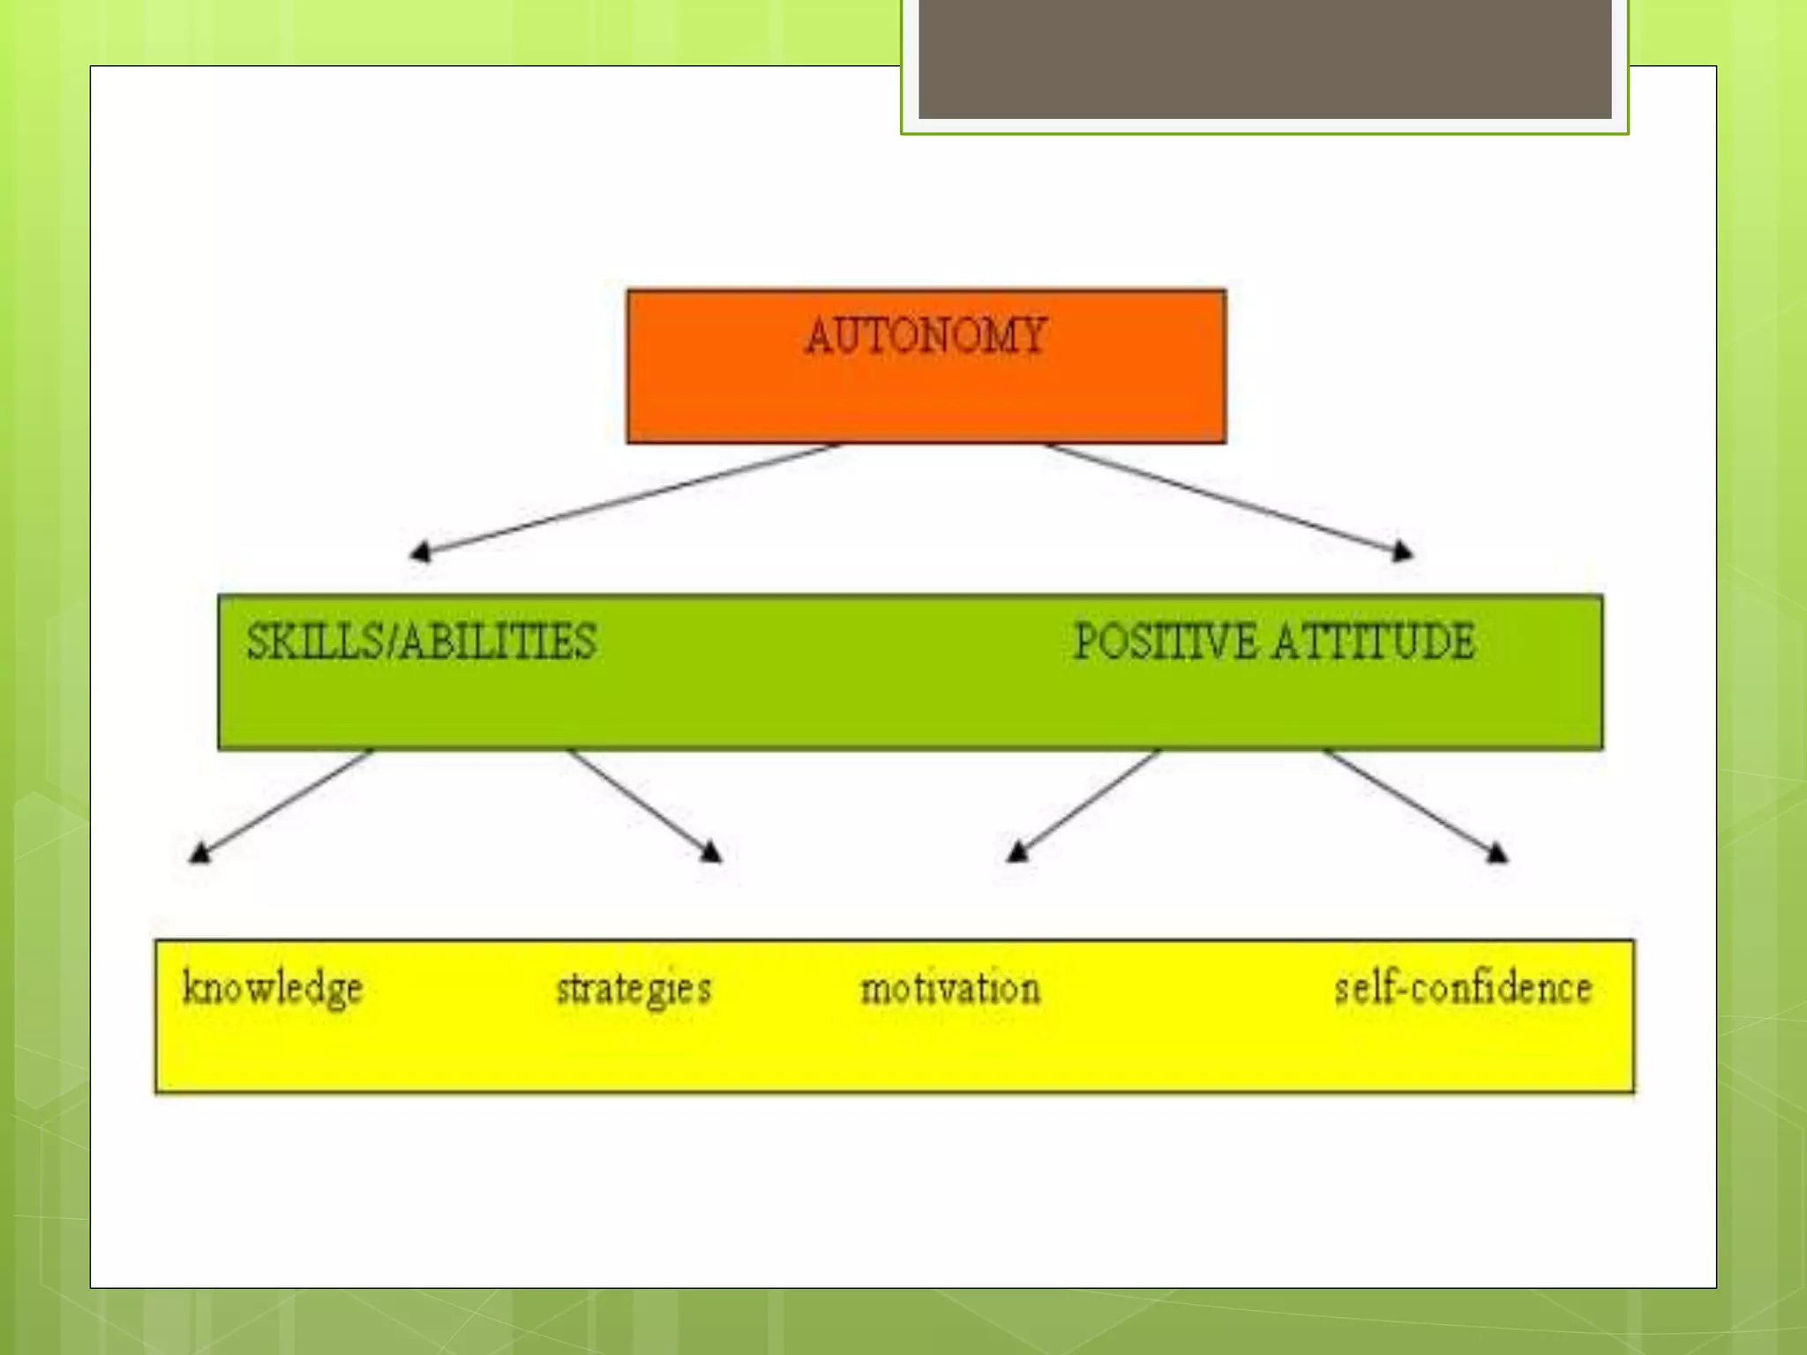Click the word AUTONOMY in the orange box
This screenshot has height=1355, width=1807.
pyautogui.click(x=926, y=336)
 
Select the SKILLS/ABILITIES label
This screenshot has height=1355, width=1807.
pyautogui.click(x=421, y=641)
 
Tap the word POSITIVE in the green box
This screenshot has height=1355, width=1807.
pyautogui.click(x=1165, y=641)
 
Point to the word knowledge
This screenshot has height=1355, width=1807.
pyautogui.click(x=273, y=988)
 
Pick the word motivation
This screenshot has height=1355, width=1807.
pyautogui.click(x=950, y=988)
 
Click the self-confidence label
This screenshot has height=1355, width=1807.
pyautogui.click(x=1463, y=988)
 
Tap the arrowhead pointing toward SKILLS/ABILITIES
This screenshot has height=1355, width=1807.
pyautogui.click(x=420, y=552)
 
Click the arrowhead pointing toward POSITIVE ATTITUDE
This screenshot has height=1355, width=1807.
pyautogui.click(x=1402, y=551)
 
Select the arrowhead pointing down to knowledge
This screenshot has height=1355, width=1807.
pyautogui.click(x=200, y=852)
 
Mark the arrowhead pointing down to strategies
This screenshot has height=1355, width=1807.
pyautogui.click(x=711, y=851)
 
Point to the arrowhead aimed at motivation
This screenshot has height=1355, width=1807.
pyautogui.click(x=1017, y=851)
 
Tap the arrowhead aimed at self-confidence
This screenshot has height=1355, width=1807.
pyautogui.click(x=1497, y=852)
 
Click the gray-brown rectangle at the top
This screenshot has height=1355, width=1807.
pyautogui.click(x=1264, y=58)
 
